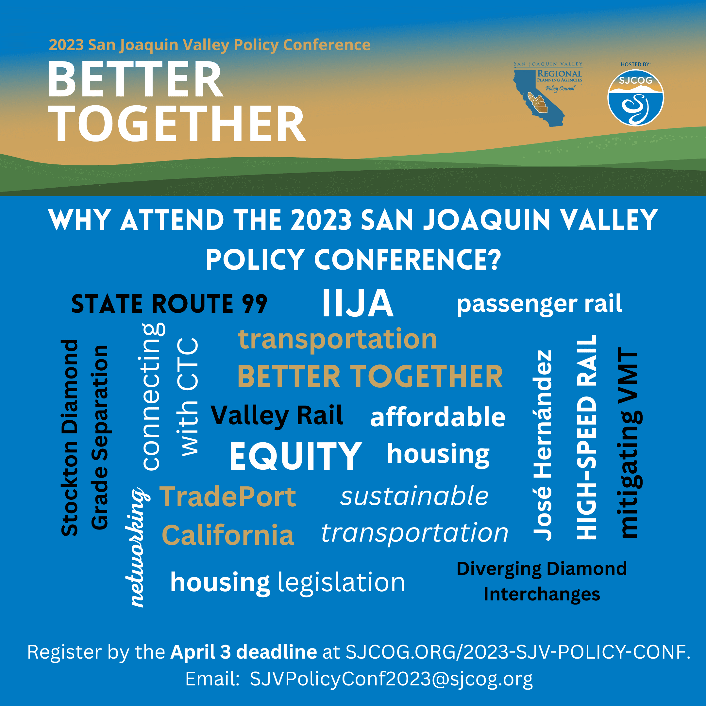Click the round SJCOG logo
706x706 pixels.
[635, 98]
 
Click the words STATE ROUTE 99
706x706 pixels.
[169, 304]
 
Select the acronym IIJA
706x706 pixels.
[358, 303]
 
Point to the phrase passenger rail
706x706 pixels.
[539, 304]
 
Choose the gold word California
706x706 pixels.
[228, 535]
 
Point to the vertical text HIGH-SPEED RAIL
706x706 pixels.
[586, 437]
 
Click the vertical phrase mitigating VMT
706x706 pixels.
[630, 443]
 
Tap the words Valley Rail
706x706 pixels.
[277, 416]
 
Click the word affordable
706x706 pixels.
[438, 417]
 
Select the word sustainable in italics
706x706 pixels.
[414, 496]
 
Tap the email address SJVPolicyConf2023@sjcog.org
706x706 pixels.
[391, 679]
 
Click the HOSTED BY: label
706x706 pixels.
[635, 64]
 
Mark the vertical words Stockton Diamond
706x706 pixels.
[69, 438]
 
